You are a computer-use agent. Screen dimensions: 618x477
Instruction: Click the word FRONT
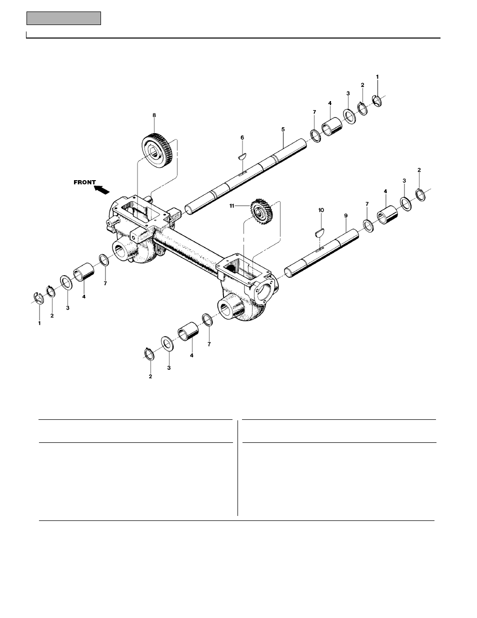84,182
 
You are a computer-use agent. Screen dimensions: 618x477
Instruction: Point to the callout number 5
282,129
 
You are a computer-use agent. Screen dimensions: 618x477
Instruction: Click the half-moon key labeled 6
241,156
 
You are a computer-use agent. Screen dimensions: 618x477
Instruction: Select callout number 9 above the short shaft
345,215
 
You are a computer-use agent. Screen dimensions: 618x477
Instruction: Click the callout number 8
154,115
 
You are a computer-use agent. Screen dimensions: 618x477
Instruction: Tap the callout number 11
245,205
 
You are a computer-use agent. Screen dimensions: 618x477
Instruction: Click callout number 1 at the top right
377,77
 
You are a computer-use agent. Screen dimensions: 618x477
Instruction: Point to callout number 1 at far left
39,323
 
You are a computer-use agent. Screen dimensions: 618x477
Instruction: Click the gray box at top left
63,19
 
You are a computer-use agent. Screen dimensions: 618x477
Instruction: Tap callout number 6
242,137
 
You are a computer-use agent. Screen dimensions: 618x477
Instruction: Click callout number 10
321,210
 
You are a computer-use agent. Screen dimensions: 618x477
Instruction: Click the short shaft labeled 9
320,253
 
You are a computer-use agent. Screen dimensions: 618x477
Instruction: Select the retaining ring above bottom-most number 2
148,353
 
